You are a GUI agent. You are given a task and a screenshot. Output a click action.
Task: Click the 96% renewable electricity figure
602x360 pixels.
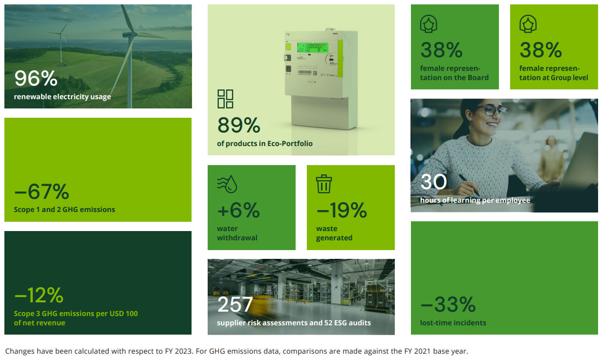pos(36,79)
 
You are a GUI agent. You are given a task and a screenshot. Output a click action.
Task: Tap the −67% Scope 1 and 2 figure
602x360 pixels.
pos(42,192)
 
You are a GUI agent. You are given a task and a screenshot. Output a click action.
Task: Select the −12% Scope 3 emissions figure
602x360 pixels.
pos(39,296)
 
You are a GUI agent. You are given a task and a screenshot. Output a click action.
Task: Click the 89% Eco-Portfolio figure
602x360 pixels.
pos(238,126)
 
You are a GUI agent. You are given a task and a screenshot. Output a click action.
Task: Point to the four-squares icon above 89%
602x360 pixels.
pos(225,99)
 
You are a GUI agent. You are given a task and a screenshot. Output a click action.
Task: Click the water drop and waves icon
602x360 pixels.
pos(227,184)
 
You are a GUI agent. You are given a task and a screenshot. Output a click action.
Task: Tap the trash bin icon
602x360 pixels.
pos(324,184)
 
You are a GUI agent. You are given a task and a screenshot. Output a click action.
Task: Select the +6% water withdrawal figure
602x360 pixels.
pos(238,211)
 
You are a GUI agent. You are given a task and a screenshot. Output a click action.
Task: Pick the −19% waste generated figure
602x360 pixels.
pos(342,211)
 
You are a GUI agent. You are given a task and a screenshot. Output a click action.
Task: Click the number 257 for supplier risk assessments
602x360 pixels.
pos(235,305)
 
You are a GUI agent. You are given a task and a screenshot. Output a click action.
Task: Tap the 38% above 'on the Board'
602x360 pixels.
pos(441,50)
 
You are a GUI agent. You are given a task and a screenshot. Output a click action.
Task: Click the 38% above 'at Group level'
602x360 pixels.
pos(540,50)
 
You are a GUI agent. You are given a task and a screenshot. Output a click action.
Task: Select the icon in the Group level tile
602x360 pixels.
pos(528,23)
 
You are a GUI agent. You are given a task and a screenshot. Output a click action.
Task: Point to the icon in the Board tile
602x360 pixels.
pos(429,23)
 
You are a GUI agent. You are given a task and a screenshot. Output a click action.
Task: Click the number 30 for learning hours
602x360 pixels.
pos(433,182)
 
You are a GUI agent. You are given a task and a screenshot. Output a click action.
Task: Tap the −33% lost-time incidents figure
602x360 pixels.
pos(448,305)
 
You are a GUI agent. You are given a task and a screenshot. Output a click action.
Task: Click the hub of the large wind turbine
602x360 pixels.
pos(129,35)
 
